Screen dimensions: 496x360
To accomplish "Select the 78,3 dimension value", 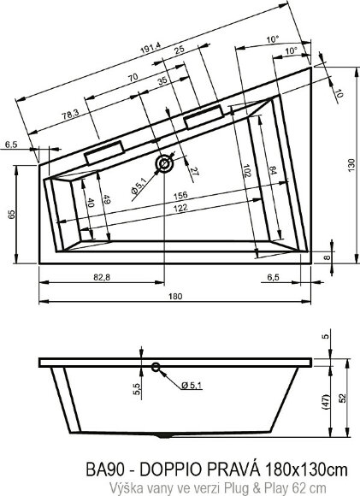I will tap(70, 113).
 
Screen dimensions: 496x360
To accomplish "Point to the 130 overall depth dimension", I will tap(350, 164).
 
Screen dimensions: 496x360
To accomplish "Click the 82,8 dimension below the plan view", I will tap(102, 278).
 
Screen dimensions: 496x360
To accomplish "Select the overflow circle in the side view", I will tap(155, 369).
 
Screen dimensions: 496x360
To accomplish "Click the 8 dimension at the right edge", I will tap(327, 255).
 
